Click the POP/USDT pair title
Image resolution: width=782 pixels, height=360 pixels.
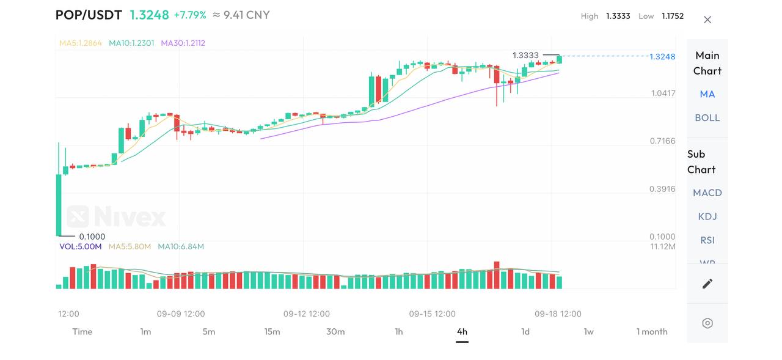pyautogui.click(x=89, y=15)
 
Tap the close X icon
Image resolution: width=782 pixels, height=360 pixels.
pyautogui.click(x=707, y=20)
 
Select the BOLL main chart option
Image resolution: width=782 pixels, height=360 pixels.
pyautogui.click(x=707, y=118)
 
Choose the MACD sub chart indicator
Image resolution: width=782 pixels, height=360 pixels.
pyautogui.click(x=707, y=193)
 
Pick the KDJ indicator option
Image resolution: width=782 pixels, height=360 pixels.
pyautogui.click(x=707, y=216)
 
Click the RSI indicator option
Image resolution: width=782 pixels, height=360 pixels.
pyautogui.click(x=707, y=240)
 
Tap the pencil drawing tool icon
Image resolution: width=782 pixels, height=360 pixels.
pyautogui.click(x=707, y=284)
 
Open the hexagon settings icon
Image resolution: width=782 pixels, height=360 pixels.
pyautogui.click(x=707, y=323)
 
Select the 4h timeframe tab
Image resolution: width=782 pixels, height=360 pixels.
pyautogui.click(x=462, y=332)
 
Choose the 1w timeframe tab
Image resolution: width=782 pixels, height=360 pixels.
pyautogui.click(x=588, y=332)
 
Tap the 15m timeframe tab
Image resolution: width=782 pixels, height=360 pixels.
pyautogui.click(x=272, y=332)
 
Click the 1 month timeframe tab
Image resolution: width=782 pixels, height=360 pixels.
pyautogui.click(x=652, y=332)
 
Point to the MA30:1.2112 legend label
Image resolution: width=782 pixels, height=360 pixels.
pyautogui.click(x=183, y=43)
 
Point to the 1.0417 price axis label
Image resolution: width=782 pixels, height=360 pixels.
pyautogui.click(x=663, y=94)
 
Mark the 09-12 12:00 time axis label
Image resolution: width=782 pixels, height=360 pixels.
pyautogui.click(x=306, y=314)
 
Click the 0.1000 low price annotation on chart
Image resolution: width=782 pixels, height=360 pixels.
pyautogui.click(x=92, y=237)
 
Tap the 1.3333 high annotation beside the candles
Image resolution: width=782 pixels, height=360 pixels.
pyautogui.click(x=525, y=56)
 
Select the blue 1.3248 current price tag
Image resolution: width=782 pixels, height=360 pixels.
pyautogui.click(x=662, y=57)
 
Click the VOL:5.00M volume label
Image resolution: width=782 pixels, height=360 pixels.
pyautogui.click(x=81, y=247)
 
